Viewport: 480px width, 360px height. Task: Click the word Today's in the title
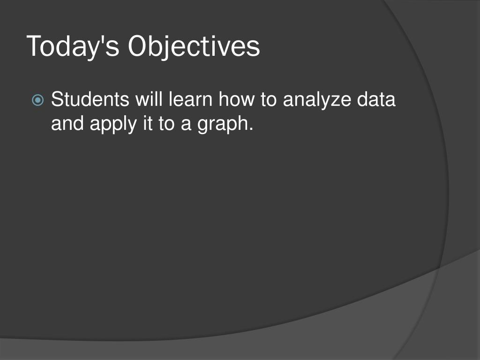click(73, 46)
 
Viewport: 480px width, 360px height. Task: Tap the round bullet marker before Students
click(37, 100)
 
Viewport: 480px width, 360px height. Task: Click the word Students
click(90, 99)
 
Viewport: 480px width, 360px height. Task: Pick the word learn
click(190, 99)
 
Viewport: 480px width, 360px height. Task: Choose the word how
click(236, 99)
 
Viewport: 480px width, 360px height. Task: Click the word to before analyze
click(269, 100)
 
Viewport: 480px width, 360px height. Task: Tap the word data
click(376, 99)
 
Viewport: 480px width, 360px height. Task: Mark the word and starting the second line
click(67, 123)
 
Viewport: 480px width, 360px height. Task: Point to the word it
click(148, 123)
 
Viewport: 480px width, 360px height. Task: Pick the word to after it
click(166, 124)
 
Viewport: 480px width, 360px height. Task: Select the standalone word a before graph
click(186, 126)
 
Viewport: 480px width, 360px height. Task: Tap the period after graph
click(251, 130)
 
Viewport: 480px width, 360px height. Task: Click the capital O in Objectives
click(139, 45)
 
